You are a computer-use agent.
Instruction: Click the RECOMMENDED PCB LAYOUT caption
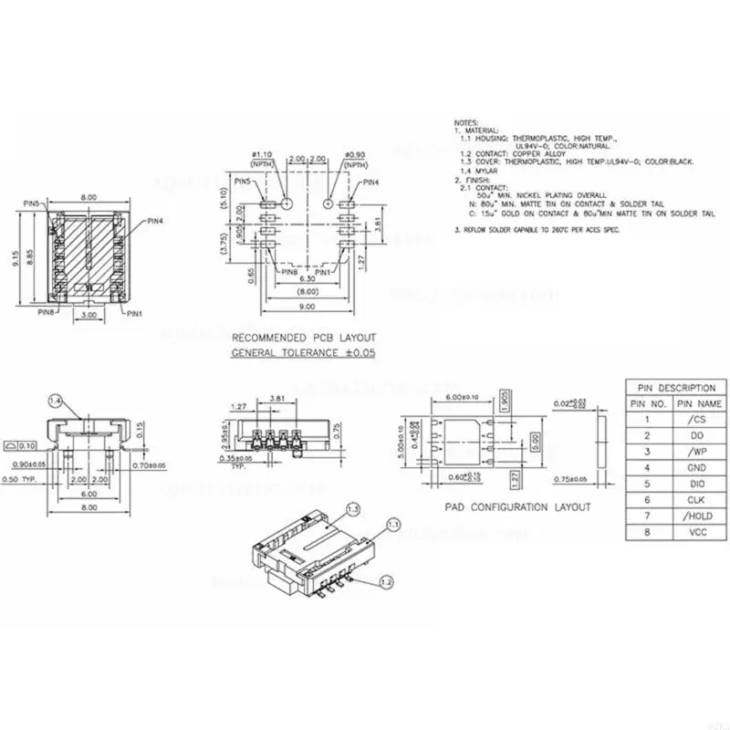pyautogui.click(x=303, y=337)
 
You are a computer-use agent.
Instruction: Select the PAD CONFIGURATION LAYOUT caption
pyautogui.click(x=517, y=506)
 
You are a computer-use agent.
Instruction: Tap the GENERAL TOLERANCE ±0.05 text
pyautogui.click(x=303, y=351)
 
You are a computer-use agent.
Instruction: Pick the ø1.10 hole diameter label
pyautogui.click(x=262, y=154)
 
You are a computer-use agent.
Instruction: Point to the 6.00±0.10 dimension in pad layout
pyautogui.click(x=463, y=396)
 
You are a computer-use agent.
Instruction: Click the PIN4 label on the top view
pyautogui.click(x=155, y=220)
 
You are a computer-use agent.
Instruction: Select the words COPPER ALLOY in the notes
pyautogui.click(x=539, y=153)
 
